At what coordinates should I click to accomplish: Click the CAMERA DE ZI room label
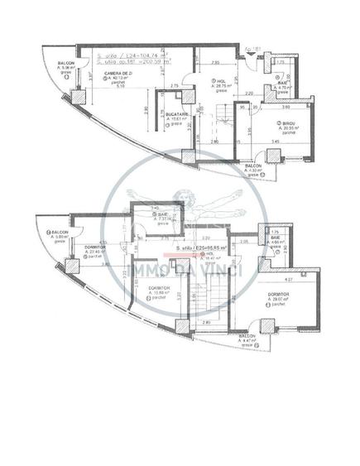pyautogui.click(x=115, y=73)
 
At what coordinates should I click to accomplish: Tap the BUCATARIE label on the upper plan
pyautogui.click(x=178, y=113)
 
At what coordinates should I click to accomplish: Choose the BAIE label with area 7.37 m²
pyautogui.click(x=163, y=214)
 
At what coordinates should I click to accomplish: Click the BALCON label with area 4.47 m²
pyautogui.click(x=248, y=337)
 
